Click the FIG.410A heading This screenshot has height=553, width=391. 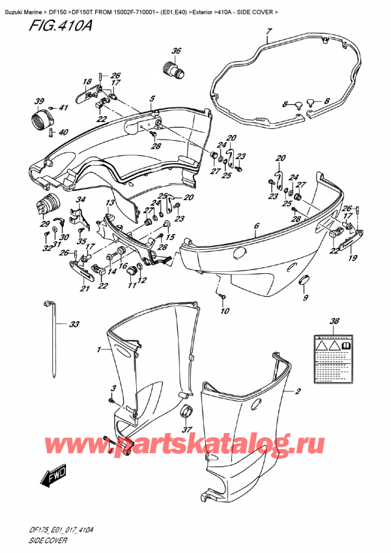tap(35, 26)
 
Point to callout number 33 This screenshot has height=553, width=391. tap(74, 324)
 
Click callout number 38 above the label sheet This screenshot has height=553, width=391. tap(334, 321)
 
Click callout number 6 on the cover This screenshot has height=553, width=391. tap(257, 226)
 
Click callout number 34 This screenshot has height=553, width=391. tap(80, 200)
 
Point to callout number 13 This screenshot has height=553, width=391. tap(110, 204)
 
